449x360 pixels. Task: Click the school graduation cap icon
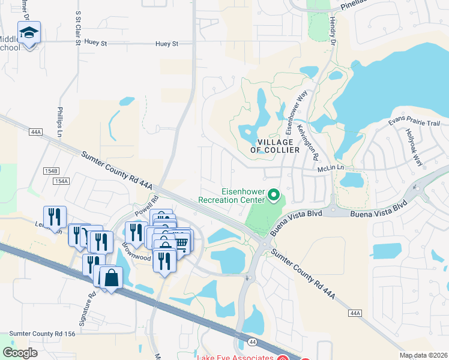[28, 34]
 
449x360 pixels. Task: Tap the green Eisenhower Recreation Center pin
[274, 194]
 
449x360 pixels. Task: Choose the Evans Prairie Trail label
[414, 122]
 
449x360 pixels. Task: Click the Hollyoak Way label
[414, 148]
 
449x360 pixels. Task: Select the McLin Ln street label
[330, 169]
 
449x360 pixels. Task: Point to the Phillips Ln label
[60, 122]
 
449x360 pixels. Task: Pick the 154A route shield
[61, 181]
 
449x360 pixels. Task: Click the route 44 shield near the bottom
[250, 341]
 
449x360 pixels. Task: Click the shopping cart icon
[181, 243]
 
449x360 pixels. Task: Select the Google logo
[20, 353]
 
